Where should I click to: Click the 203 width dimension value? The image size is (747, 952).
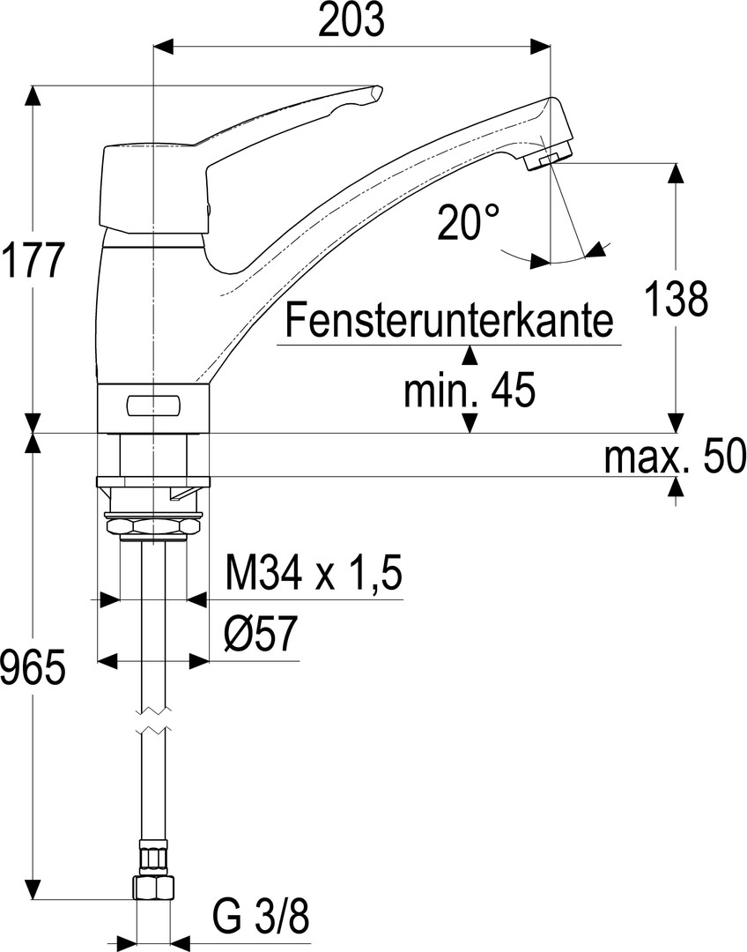coord(351,21)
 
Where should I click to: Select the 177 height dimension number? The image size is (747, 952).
coord(33,259)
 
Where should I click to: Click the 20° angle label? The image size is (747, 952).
coord(469,222)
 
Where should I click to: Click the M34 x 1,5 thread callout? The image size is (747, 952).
coord(314,574)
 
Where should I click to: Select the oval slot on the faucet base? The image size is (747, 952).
coord(154,405)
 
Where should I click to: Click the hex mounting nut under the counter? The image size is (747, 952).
coord(153,524)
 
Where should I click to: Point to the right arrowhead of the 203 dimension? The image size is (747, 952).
coord(540,46)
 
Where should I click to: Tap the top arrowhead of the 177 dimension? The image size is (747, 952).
coord(33,96)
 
